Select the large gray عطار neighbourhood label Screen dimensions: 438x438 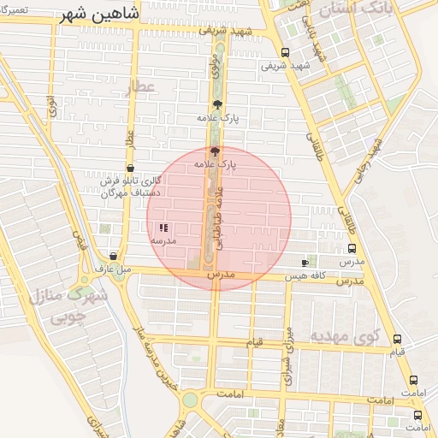click(140, 89)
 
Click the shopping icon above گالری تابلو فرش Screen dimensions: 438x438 click(130, 169)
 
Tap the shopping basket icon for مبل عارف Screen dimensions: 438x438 click(114, 256)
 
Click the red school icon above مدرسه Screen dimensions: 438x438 click(163, 228)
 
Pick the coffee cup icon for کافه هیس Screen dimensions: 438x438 click(305, 263)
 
